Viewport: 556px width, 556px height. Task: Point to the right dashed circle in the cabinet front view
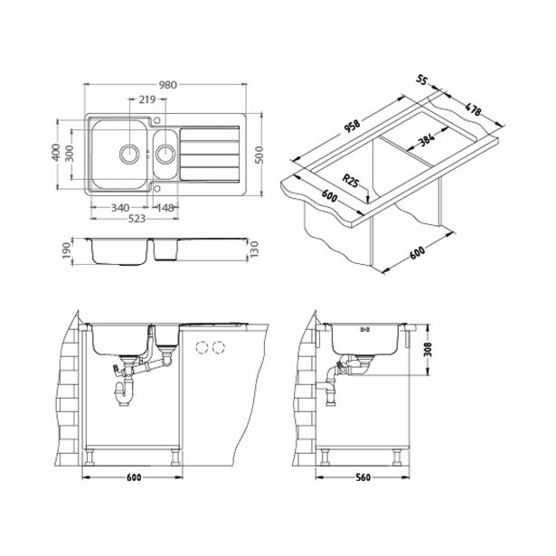tap(218, 346)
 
